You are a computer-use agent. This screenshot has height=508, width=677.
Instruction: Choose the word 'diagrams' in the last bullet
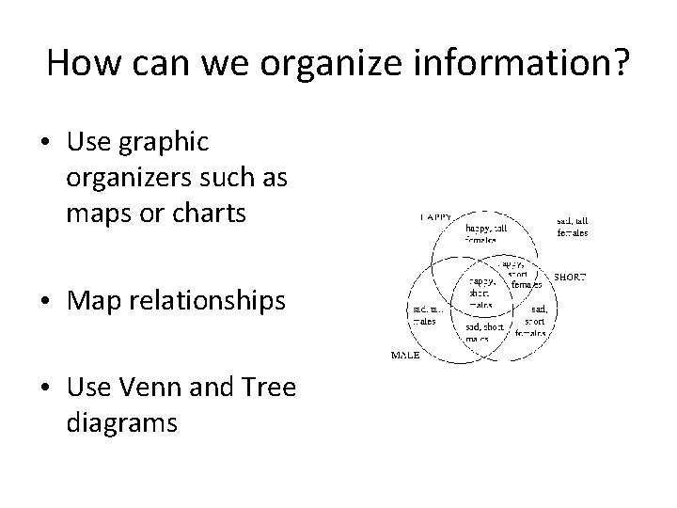(x=122, y=423)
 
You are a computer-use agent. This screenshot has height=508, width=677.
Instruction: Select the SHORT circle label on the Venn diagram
(x=570, y=277)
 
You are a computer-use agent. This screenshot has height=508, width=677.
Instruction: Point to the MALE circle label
(x=404, y=355)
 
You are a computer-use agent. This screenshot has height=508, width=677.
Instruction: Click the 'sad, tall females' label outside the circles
(x=573, y=227)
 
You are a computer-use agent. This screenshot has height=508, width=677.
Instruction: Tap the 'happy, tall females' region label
(x=487, y=232)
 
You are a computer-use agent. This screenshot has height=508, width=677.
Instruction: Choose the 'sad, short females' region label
(x=534, y=319)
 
